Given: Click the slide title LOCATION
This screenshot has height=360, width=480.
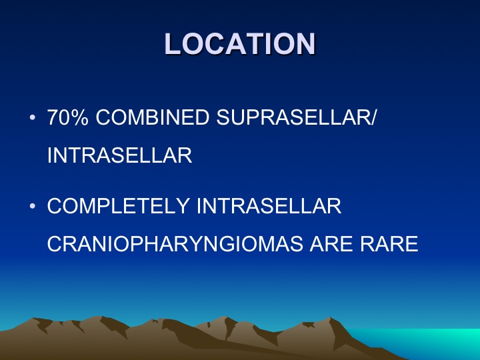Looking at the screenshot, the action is click(x=240, y=44).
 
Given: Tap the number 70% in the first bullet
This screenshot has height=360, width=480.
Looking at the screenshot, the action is click(x=67, y=117).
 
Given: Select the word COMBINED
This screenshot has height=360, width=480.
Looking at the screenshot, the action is click(x=153, y=117).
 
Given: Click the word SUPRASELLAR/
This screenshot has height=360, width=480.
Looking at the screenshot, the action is click(x=296, y=117).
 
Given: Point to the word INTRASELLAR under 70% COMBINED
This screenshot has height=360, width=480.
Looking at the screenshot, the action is click(x=120, y=155).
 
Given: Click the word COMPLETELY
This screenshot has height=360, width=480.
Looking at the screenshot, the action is click(x=118, y=206).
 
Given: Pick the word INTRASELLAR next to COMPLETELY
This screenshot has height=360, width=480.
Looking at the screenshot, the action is click(x=269, y=206).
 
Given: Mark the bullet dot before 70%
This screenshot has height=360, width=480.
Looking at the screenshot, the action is click(x=33, y=117).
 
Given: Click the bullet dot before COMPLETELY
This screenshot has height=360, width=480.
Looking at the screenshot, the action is click(x=33, y=206).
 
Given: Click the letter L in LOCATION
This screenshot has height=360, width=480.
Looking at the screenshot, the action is click(x=173, y=44).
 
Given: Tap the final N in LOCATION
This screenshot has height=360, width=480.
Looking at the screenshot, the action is click(x=305, y=44).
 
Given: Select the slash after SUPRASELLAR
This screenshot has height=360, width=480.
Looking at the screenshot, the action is click(x=372, y=117).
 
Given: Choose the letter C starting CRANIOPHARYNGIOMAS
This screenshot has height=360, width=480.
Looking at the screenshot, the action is click(x=55, y=244).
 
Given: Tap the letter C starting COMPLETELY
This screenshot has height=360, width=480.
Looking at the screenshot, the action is click(x=55, y=206).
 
